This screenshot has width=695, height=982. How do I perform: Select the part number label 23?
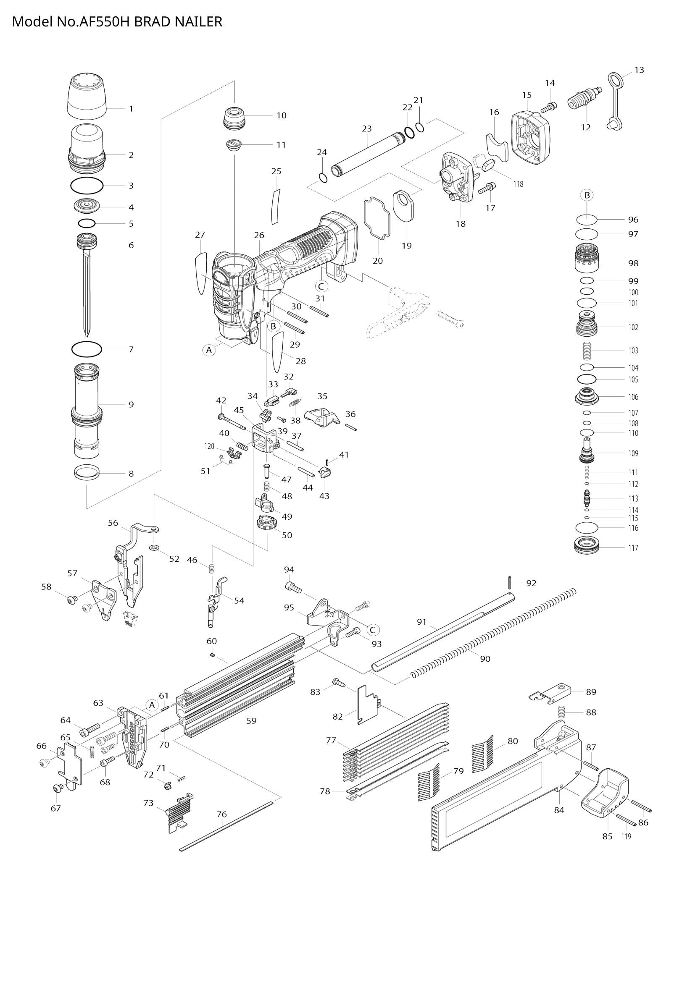pyautogui.click(x=366, y=128)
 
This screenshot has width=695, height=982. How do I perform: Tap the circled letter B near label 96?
pyautogui.click(x=587, y=196)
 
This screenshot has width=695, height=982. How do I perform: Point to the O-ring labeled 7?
pyautogui.click(x=87, y=349)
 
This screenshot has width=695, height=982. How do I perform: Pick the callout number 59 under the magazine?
pyautogui.click(x=251, y=721)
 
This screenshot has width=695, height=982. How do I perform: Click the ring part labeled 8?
pyautogui.click(x=87, y=473)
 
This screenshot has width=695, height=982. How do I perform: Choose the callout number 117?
pyautogui.click(x=633, y=548)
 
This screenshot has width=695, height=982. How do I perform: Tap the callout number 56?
pyautogui.click(x=113, y=523)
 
